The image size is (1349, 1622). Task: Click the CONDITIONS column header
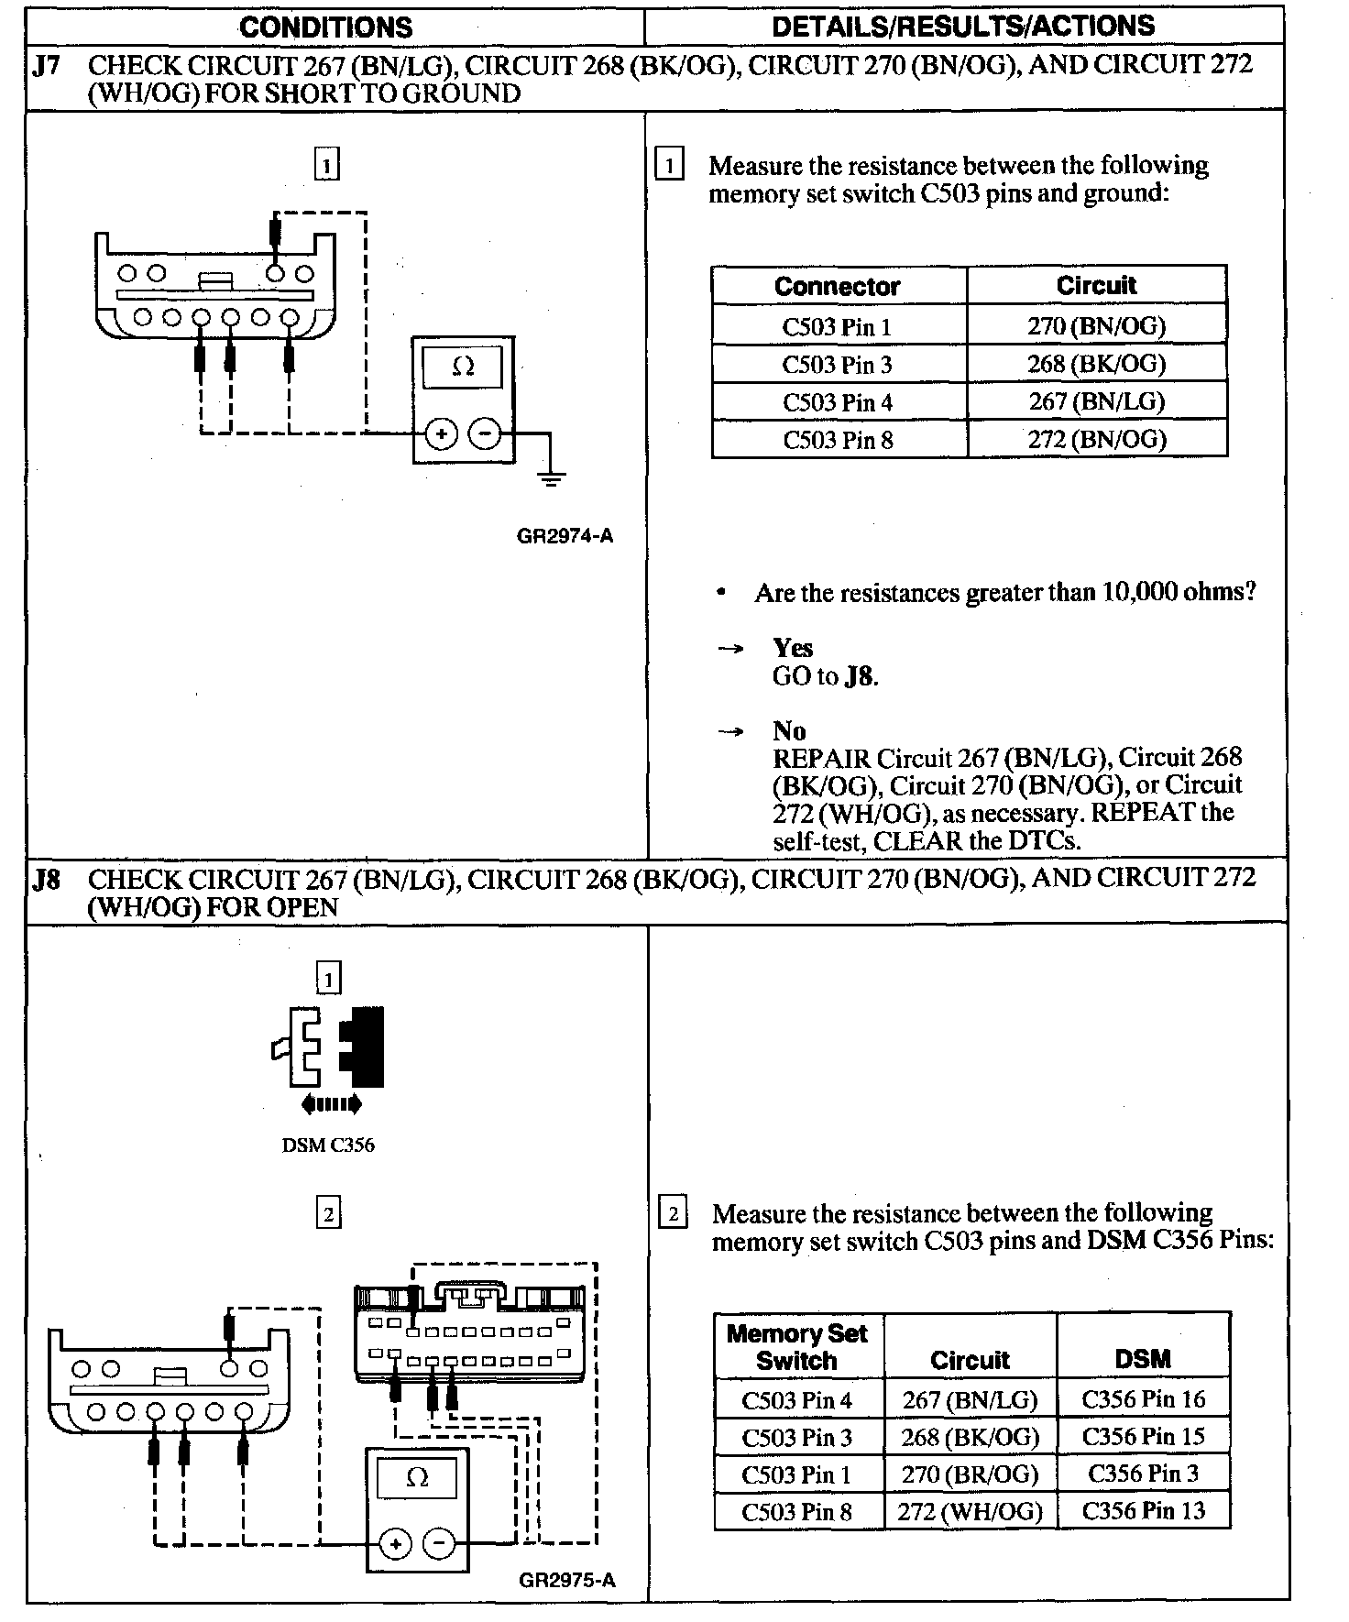[x=325, y=27]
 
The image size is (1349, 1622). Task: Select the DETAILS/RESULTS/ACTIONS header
[x=963, y=26]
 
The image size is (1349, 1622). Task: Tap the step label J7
[x=46, y=66]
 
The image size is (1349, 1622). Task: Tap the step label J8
[x=46, y=881]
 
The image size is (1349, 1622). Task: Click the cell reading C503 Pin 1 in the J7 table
[x=837, y=326]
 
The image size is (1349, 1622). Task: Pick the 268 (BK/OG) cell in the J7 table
[x=1096, y=364]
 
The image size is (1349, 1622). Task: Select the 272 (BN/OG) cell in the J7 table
[x=1096, y=440]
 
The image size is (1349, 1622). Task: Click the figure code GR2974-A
[x=565, y=536]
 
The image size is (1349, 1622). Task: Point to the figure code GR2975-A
[x=566, y=1580]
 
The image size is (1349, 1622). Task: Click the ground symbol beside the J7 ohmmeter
[x=550, y=477]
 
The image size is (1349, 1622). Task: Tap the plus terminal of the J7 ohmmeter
[x=441, y=434]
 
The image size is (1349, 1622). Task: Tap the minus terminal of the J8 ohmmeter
[x=439, y=1544]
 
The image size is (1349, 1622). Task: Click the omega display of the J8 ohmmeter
[x=416, y=1477]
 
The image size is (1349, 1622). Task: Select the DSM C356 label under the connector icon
[x=328, y=1145]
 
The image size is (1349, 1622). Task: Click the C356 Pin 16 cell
[x=1143, y=1399]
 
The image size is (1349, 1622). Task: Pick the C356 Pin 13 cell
[x=1143, y=1510]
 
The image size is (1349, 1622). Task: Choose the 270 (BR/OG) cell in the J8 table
[x=970, y=1474]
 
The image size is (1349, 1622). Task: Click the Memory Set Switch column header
[x=796, y=1346]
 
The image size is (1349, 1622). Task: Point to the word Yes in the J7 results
[x=793, y=648]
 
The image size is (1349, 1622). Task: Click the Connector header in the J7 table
[x=837, y=286]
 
